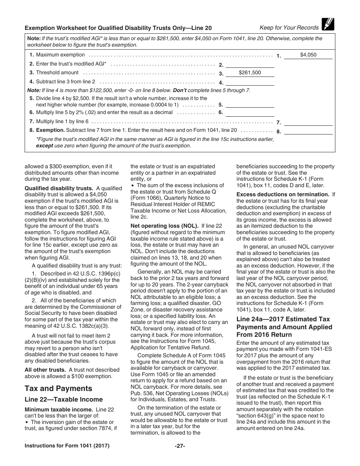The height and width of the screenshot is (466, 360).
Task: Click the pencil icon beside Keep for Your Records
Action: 327,24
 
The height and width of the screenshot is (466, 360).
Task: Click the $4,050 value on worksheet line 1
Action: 308,55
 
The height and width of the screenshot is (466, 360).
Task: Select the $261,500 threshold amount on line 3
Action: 250,73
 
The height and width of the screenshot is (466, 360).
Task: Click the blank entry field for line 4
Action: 250,82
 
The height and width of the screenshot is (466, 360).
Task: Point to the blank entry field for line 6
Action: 250,113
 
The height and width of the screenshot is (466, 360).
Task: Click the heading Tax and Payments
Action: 58,388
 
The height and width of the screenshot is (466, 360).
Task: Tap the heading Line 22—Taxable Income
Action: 64,399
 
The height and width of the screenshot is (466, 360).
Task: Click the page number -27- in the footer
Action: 180,446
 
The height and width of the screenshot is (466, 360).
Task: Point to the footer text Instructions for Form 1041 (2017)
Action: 67,446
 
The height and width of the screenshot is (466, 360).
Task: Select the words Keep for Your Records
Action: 289,27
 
